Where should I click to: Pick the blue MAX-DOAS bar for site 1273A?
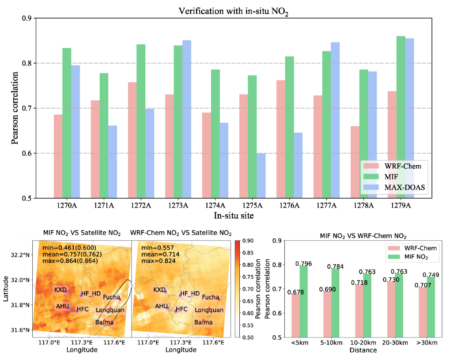(187, 119)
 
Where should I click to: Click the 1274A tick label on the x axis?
(215, 205)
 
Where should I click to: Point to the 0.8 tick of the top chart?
(26, 63)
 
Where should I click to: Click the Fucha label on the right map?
(210, 297)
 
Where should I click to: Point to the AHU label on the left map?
(62, 306)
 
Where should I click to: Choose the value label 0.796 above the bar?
(303, 264)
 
